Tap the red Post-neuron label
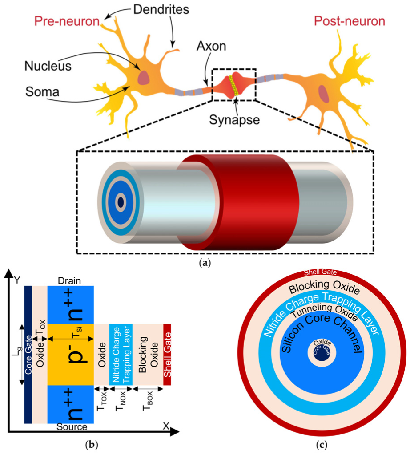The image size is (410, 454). tap(350, 21)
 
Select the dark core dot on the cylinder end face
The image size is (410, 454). tap(120, 202)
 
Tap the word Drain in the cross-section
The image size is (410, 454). tap(70, 281)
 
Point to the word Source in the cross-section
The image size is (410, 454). tap(72, 427)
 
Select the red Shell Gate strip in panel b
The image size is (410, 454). tap(167, 355)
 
